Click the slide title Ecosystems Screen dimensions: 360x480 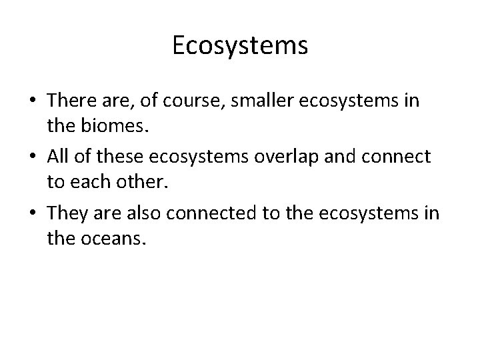[240, 45]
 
